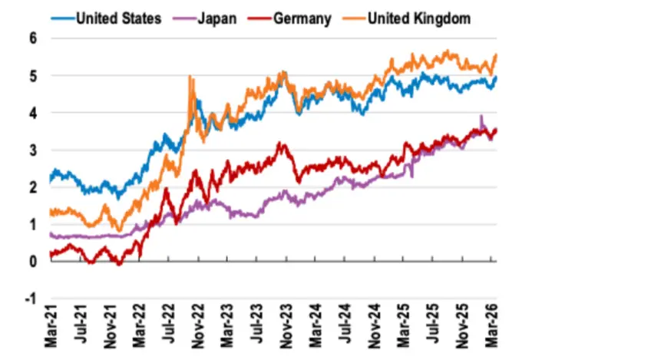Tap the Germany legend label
302,17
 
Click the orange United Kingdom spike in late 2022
190,77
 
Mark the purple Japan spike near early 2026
481,117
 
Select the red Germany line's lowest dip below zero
118,265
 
